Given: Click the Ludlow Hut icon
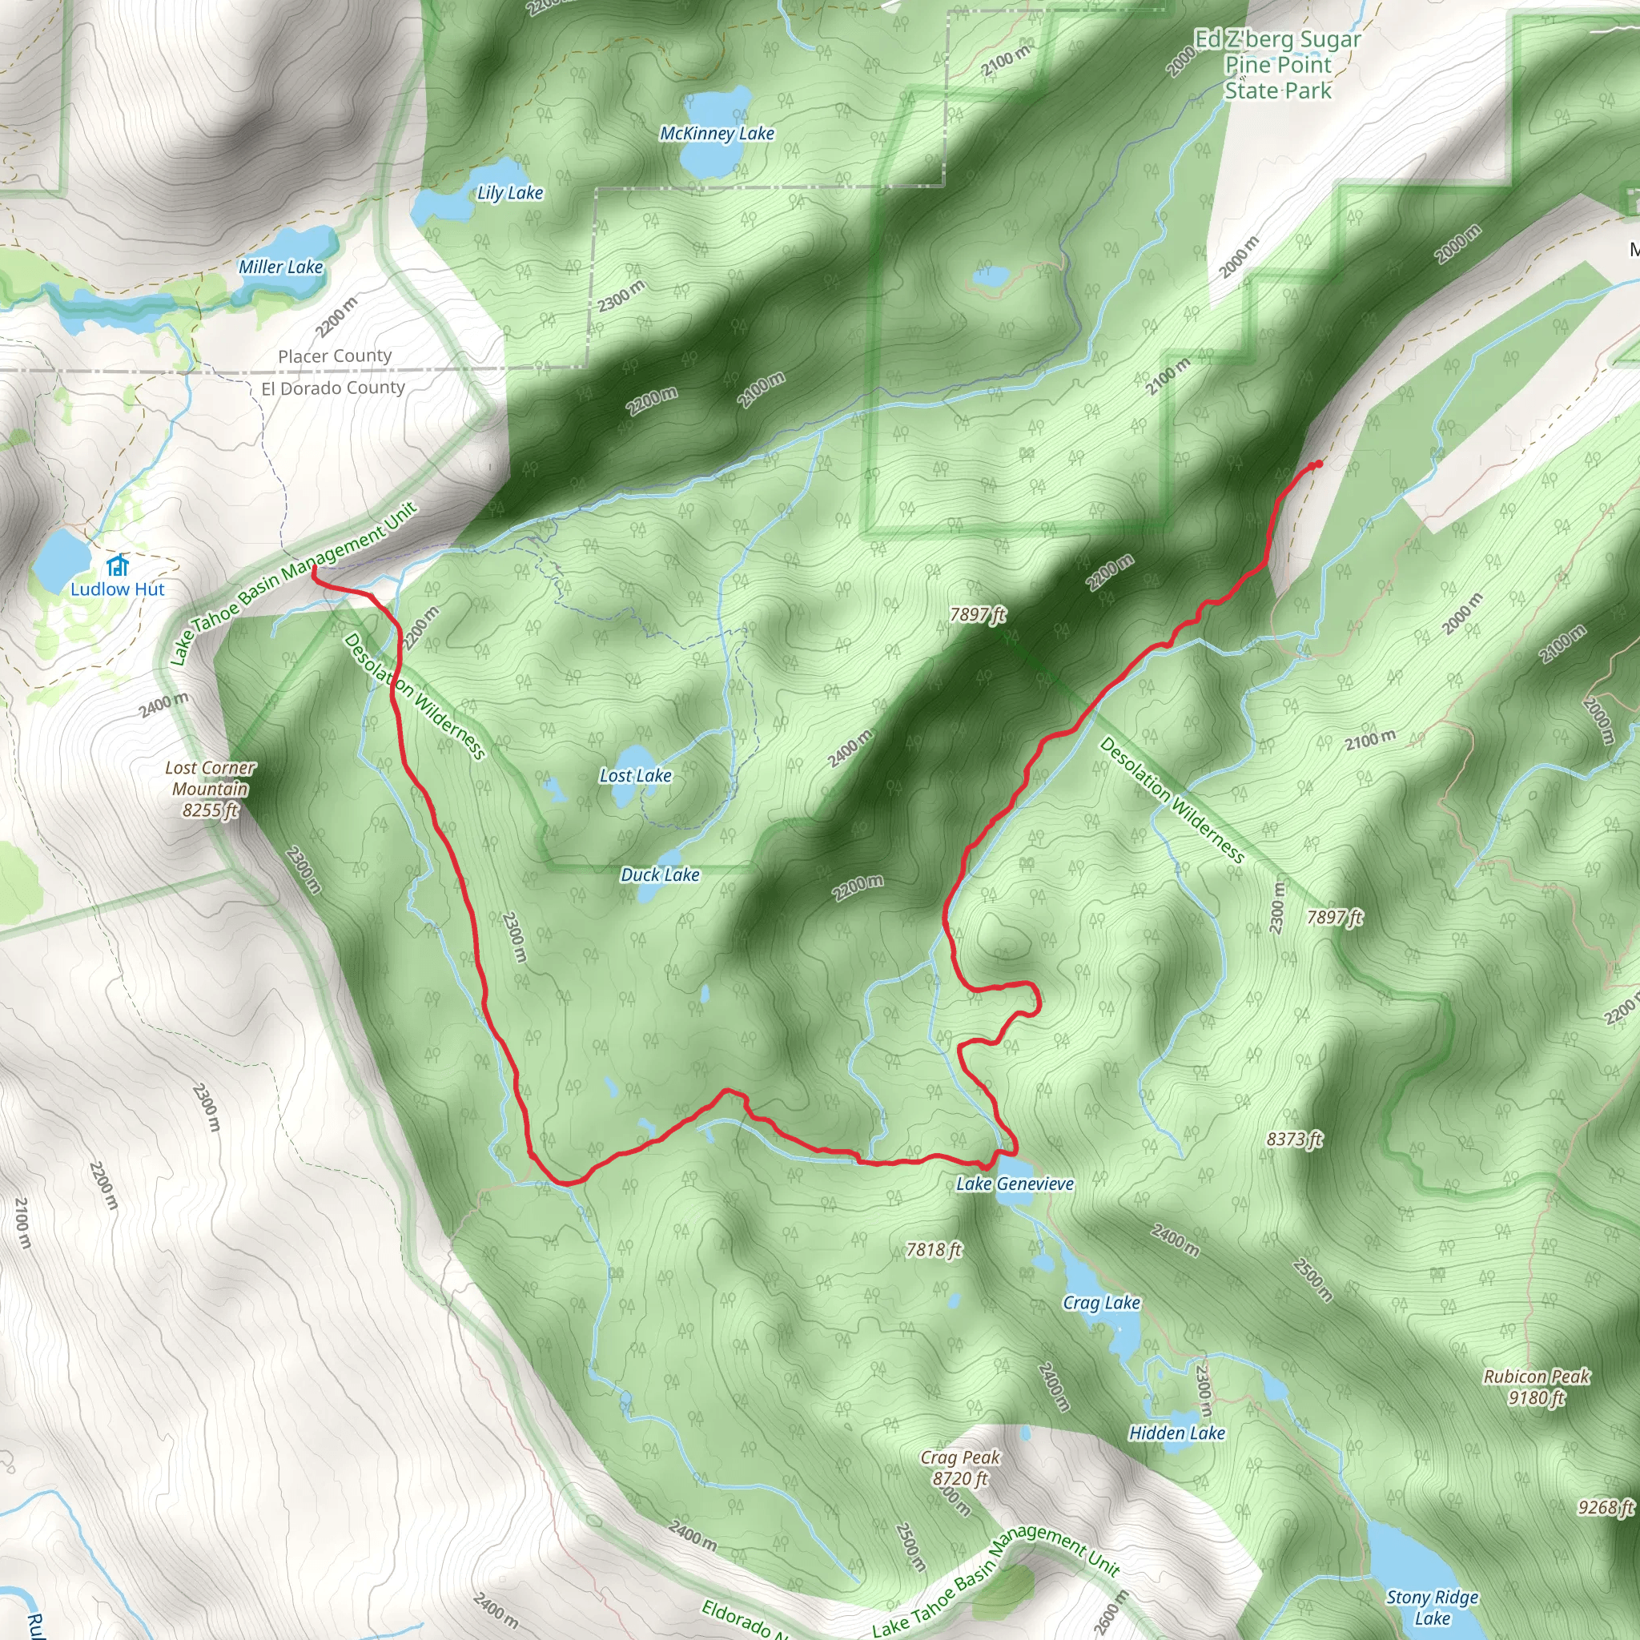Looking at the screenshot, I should click(118, 565).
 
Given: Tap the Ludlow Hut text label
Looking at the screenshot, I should click(117, 589).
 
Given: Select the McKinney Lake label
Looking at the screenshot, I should click(717, 133).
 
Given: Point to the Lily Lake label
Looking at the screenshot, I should click(509, 193).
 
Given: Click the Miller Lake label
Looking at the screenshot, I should click(280, 267).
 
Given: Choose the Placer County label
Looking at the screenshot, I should click(335, 356).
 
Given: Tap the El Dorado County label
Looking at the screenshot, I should click(333, 388).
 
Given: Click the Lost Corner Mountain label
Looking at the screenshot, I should click(210, 789).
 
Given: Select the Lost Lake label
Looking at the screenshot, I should click(635, 775).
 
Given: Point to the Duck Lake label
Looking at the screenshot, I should click(660, 874).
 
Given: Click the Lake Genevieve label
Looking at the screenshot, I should click(1015, 1184).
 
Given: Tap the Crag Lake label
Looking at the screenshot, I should click(1101, 1302).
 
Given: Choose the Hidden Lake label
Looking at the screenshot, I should click(1176, 1433).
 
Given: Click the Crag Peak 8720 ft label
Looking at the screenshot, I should click(960, 1468).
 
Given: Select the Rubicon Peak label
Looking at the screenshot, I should click(1537, 1386).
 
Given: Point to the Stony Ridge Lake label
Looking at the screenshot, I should click(1432, 1608).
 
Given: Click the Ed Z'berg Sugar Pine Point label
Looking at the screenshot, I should click(1277, 65).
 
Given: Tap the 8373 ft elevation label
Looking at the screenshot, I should click(1294, 1139).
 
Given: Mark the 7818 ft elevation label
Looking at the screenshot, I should click(934, 1248).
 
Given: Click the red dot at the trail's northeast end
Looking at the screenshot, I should click(1317, 464).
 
